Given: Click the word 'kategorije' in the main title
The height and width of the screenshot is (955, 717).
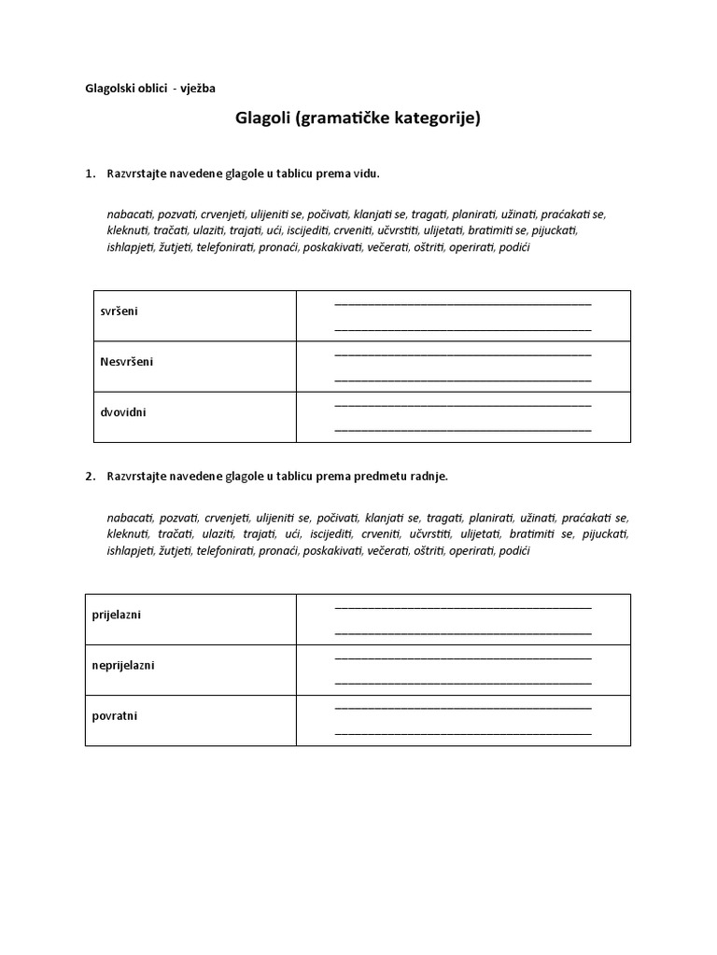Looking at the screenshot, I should (x=435, y=119).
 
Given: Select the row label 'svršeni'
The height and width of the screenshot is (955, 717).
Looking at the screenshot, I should (x=119, y=311).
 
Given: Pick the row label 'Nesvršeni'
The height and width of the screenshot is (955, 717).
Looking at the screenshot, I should (x=126, y=361).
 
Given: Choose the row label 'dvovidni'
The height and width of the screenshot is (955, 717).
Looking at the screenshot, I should (x=123, y=411).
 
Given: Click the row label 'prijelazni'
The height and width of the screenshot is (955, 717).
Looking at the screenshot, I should (x=117, y=615).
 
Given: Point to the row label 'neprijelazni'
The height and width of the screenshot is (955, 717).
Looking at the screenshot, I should (x=123, y=665).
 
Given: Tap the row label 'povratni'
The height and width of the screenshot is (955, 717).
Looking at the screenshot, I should (x=115, y=715).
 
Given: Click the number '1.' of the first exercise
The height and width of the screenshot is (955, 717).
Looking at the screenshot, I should (x=91, y=173).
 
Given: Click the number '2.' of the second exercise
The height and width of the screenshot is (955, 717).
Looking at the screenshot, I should (x=91, y=476).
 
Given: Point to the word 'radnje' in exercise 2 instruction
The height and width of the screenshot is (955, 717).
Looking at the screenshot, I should (x=429, y=476).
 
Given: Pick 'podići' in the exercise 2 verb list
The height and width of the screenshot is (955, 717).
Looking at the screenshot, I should (x=514, y=551).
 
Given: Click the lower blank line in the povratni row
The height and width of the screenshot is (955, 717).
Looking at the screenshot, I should (x=462, y=733).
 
